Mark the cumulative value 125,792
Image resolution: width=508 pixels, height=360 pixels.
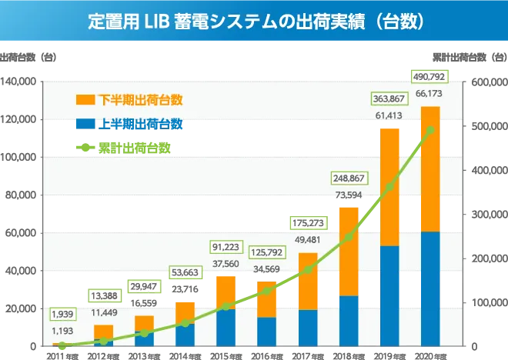pyautogui.click(x=266, y=252)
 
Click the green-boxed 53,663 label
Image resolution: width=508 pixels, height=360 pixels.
pyautogui.click(x=185, y=272)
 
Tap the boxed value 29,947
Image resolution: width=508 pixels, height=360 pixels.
pyautogui.click(x=144, y=288)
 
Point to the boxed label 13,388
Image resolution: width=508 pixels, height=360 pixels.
pyautogui.click(x=103, y=296)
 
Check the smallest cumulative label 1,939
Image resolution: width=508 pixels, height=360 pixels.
pyautogui.click(x=62, y=314)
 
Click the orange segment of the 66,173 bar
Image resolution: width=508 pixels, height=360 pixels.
pyautogui.click(x=430, y=169)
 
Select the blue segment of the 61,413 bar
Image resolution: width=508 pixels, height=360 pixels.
pyautogui.click(x=390, y=296)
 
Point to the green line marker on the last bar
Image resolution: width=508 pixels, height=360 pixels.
pyautogui.click(x=430, y=128)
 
